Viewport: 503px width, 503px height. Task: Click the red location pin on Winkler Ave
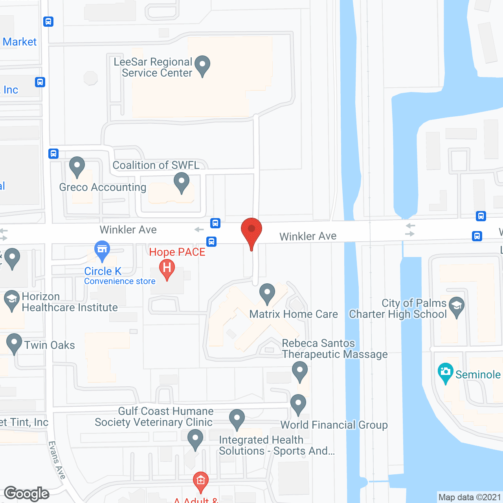(x=251, y=232)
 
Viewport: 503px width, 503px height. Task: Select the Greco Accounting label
(x=103, y=187)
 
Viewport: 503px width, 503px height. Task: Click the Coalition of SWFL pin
(x=182, y=183)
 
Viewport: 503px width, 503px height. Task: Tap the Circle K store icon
(x=102, y=250)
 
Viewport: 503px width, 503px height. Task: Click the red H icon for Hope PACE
(x=167, y=269)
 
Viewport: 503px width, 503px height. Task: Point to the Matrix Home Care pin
(x=267, y=294)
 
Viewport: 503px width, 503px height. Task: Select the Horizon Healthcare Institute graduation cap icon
(x=12, y=301)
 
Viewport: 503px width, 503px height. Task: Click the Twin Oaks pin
(x=14, y=343)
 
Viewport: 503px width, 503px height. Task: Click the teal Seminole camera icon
(x=445, y=372)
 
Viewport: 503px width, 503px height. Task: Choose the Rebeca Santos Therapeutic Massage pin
(x=300, y=371)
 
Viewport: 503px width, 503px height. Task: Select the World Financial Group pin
(x=298, y=404)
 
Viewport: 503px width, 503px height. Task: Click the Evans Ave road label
(x=57, y=460)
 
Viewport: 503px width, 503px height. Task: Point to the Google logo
(x=27, y=494)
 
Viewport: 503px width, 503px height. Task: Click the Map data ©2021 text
(x=470, y=497)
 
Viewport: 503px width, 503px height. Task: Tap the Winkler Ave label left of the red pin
(x=128, y=230)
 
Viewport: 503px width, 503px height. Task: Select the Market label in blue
(x=20, y=42)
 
